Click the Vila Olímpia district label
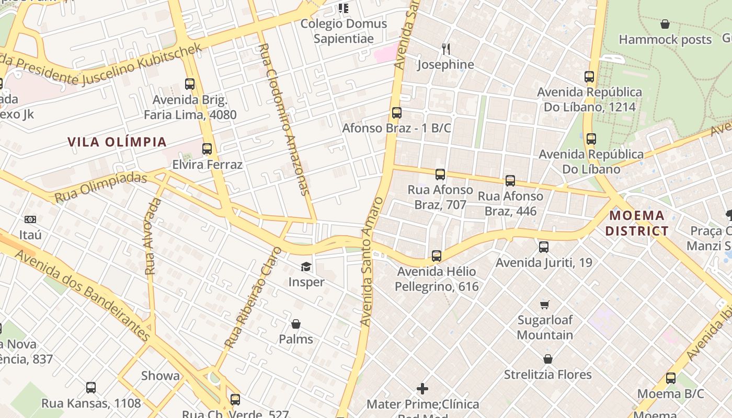[117, 142]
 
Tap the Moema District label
[638, 223]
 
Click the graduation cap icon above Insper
[306, 267]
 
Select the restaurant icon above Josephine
[446, 49]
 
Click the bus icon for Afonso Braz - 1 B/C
[397, 112]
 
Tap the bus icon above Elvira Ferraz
[207, 149]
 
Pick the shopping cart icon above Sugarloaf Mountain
[545, 304]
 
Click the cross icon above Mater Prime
[422, 389]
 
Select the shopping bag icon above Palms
[296, 324]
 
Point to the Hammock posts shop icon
[665, 24]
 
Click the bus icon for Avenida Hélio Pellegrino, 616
[437, 256]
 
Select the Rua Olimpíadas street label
[100, 187]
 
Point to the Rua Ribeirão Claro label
[253, 298]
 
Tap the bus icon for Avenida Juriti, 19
[544, 247]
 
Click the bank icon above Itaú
[30, 219]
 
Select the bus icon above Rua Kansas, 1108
[91, 388]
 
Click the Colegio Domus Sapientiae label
[344, 31]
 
